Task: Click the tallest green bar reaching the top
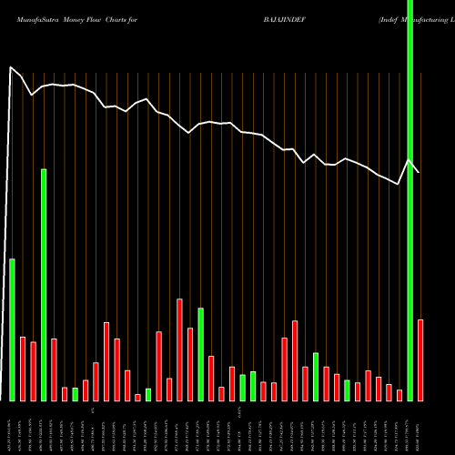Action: click(x=409, y=182)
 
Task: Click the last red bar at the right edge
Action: click(x=420, y=359)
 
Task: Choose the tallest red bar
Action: click(x=180, y=349)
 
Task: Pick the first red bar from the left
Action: click(x=23, y=369)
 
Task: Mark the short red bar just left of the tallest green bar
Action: click(x=399, y=395)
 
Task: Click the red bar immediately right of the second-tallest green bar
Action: click(x=55, y=369)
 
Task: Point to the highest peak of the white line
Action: click(x=12, y=67)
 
